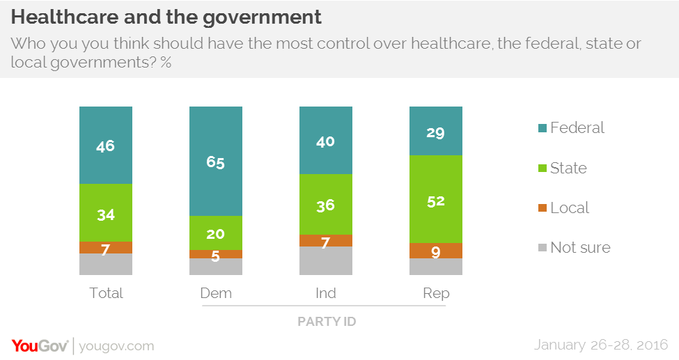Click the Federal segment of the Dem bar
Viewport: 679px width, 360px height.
coord(216,161)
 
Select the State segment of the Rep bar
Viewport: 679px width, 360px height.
coord(436,199)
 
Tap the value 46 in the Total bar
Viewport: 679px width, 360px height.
coord(106,146)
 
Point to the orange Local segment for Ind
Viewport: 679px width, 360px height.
coord(326,240)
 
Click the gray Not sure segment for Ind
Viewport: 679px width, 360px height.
coord(326,261)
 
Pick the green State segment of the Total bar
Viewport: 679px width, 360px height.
coord(106,212)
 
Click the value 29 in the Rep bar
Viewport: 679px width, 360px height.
coord(436,132)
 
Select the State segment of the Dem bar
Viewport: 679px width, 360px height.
coord(216,233)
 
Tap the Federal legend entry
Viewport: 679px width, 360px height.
coord(570,128)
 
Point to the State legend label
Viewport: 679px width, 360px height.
coord(568,168)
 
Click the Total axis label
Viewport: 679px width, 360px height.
coord(106,293)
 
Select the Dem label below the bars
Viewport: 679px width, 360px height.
coord(216,293)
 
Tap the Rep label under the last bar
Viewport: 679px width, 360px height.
coord(436,293)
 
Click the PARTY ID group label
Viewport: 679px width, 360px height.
coord(326,321)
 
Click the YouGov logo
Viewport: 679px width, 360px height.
coord(40,345)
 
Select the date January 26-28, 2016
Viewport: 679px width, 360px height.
coord(601,345)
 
